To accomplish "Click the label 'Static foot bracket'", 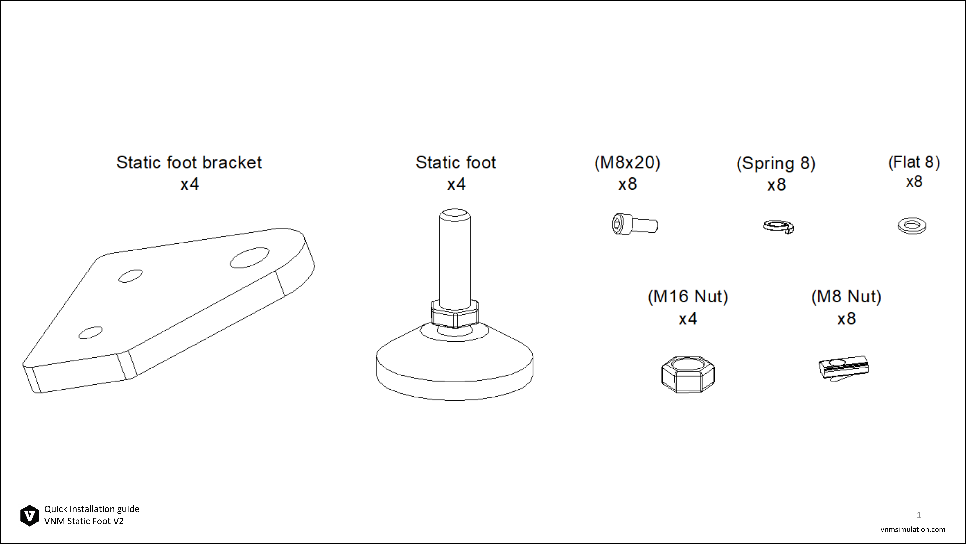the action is (x=189, y=162).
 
